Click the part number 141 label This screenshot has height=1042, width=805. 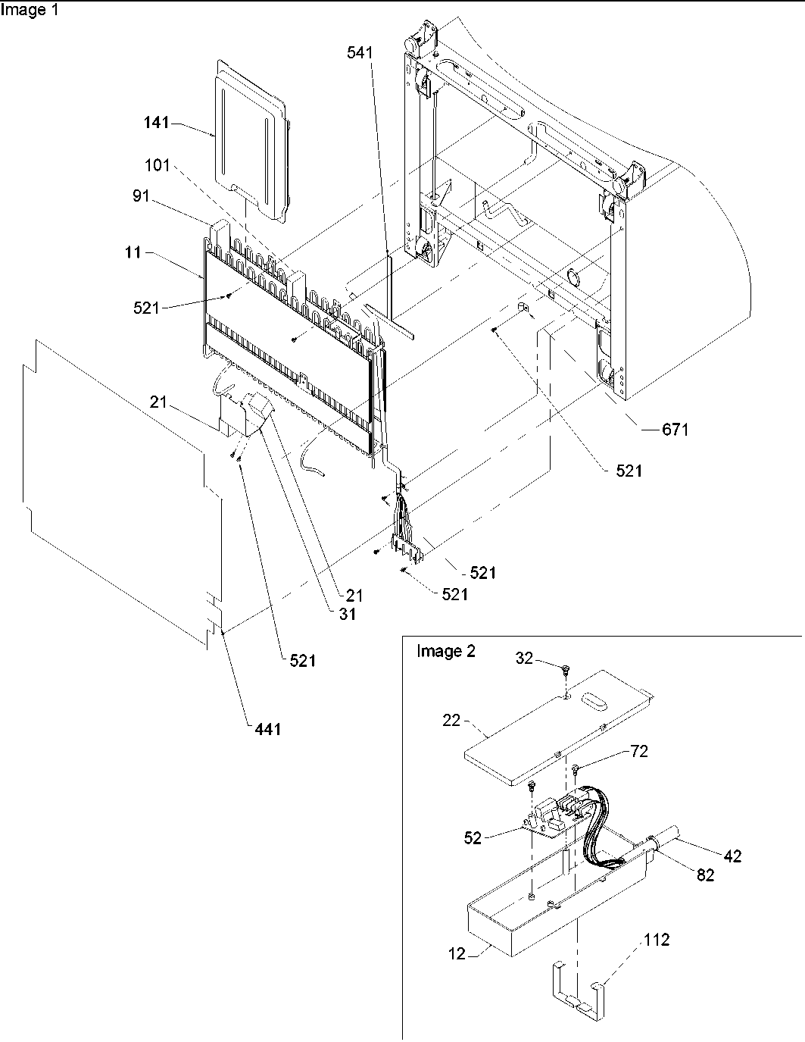point(157,123)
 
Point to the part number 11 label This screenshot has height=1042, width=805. point(133,252)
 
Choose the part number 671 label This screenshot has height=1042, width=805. point(675,430)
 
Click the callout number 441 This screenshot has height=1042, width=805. point(267,729)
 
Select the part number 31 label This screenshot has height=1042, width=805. point(347,615)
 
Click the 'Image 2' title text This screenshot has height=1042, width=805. point(446,652)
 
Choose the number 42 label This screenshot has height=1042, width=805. point(732,856)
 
